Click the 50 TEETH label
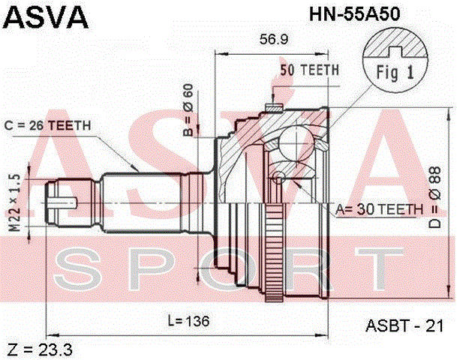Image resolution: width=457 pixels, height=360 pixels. pos(309,70)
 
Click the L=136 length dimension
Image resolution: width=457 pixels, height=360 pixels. pos(187,321)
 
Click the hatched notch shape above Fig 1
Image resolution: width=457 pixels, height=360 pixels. pos(395,46)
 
